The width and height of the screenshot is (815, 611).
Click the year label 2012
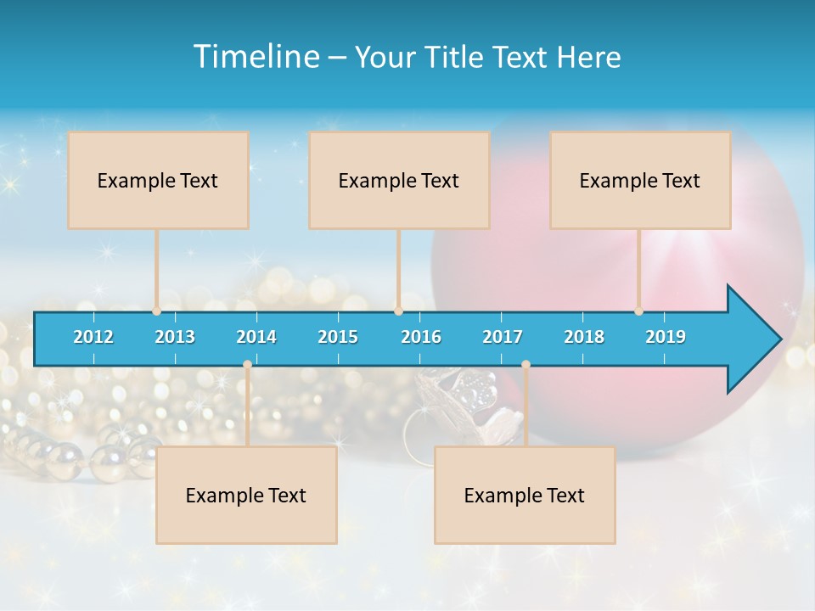[93, 337]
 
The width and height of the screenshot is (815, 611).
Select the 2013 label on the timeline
[175, 337]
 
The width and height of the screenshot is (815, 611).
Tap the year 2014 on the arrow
[256, 337]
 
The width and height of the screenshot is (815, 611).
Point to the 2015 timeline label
[338, 337]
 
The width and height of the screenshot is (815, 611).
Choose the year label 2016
[421, 337]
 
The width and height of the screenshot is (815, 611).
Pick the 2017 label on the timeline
[503, 337]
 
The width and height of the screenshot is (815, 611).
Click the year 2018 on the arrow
[584, 337]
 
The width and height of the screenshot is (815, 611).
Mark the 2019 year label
[666, 337]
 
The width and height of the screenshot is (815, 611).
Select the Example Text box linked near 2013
[158, 180]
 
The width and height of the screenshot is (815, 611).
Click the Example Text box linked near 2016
[399, 180]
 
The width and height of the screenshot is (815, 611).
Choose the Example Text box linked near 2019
[640, 180]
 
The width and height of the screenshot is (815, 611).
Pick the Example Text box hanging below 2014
[246, 495]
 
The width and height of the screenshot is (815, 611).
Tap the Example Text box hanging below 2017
[525, 495]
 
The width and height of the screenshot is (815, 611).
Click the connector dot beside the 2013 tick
[157, 311]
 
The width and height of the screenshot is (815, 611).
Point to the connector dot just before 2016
[398, 311]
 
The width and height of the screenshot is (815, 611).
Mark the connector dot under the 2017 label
[526, 364]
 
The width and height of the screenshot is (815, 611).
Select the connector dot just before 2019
[638, 311]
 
